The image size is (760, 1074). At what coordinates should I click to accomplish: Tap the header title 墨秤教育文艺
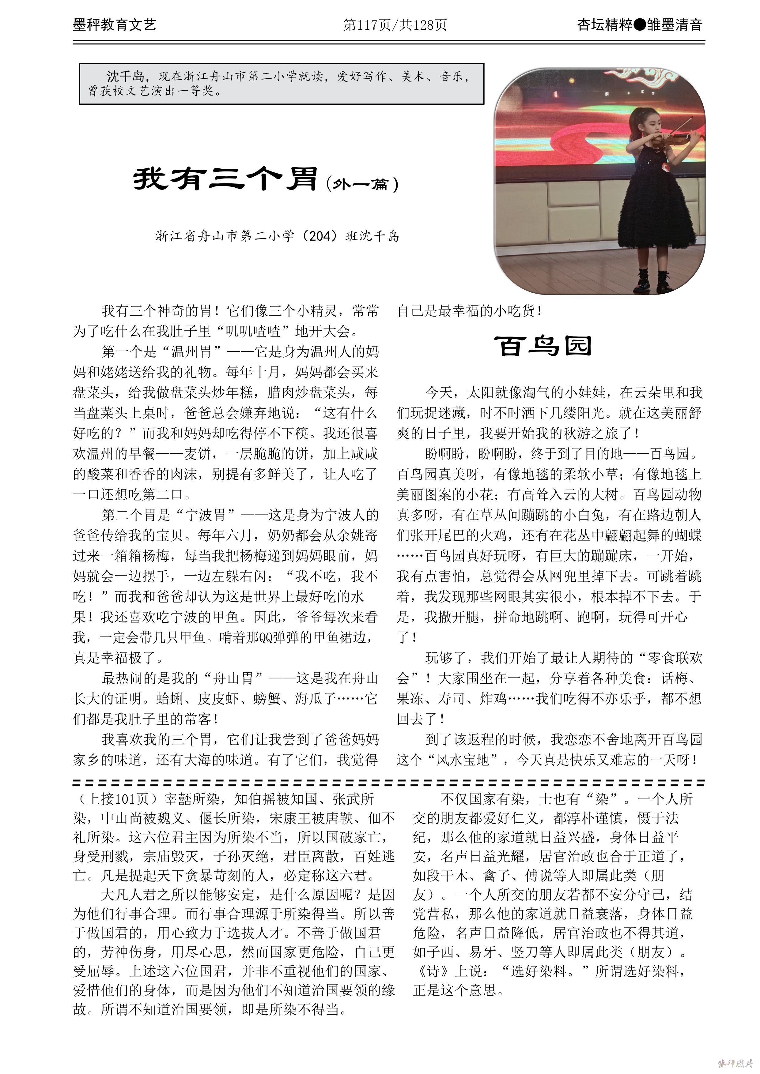[x=114, y=25]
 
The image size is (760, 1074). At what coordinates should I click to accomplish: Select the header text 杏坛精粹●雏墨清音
[x=639, y=25]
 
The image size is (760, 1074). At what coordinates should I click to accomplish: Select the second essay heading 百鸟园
[x=543, y=347]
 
